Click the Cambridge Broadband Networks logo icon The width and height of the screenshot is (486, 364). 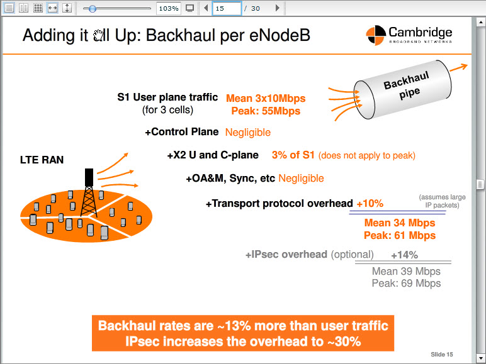tap(376, 35)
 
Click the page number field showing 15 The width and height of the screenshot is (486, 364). tap(227, 8)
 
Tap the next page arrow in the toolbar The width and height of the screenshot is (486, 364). tap(278, 8)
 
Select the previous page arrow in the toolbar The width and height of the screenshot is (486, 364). tap(206, 8)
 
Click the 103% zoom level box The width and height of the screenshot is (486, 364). tap(169, 8)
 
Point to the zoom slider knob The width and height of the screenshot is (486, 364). tap(92, 9)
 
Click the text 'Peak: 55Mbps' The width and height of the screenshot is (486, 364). tap(266, 111)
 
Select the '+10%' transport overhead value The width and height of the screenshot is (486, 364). tap(370, 203)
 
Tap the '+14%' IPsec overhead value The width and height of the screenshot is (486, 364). tap(404, 255)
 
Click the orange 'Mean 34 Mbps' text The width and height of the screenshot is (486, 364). tap(400, 223)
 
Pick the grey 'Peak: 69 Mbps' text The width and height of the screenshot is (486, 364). tap(406, 283)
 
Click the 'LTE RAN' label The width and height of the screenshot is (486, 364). tap(42, 160)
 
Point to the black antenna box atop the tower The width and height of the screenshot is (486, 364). tap(89, 177)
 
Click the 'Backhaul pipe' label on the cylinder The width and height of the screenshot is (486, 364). tap(407, 85)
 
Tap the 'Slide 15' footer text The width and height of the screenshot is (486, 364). tap(442, 355)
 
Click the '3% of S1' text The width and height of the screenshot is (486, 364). tap(293, 155)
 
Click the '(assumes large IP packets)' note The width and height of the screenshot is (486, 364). tap(442, 201)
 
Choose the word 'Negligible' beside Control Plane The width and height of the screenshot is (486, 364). tap(247, 132)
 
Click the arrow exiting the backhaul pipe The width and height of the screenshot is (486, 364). tap(458, 67)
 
